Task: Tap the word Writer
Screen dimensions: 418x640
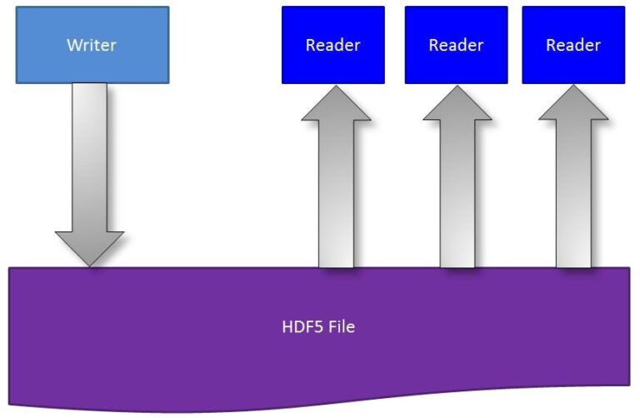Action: (x=92, y=44)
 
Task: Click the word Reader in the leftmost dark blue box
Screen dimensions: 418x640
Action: (x=332, y=45)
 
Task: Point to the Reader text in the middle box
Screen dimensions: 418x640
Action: (x=456, y=45)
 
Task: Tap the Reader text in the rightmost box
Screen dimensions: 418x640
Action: (x=572, y=45)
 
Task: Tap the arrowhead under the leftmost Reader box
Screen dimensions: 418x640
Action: (x=336, y=106)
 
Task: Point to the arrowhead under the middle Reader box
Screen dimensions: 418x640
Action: (x=457, y=106)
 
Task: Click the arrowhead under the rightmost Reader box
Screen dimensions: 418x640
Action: (x=573, y=106)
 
